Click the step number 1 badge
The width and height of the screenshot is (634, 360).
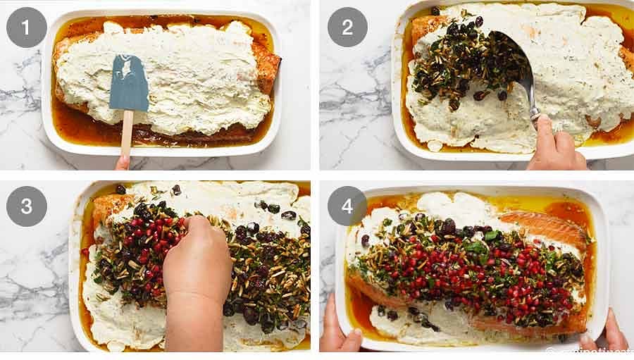click(27, 27)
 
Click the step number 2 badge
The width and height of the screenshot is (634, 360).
click(347, 27)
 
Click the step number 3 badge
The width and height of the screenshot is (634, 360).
click(27, 206)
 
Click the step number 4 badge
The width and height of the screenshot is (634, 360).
click(347, 206)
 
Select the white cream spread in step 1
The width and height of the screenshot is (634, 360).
click(197, 77)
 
